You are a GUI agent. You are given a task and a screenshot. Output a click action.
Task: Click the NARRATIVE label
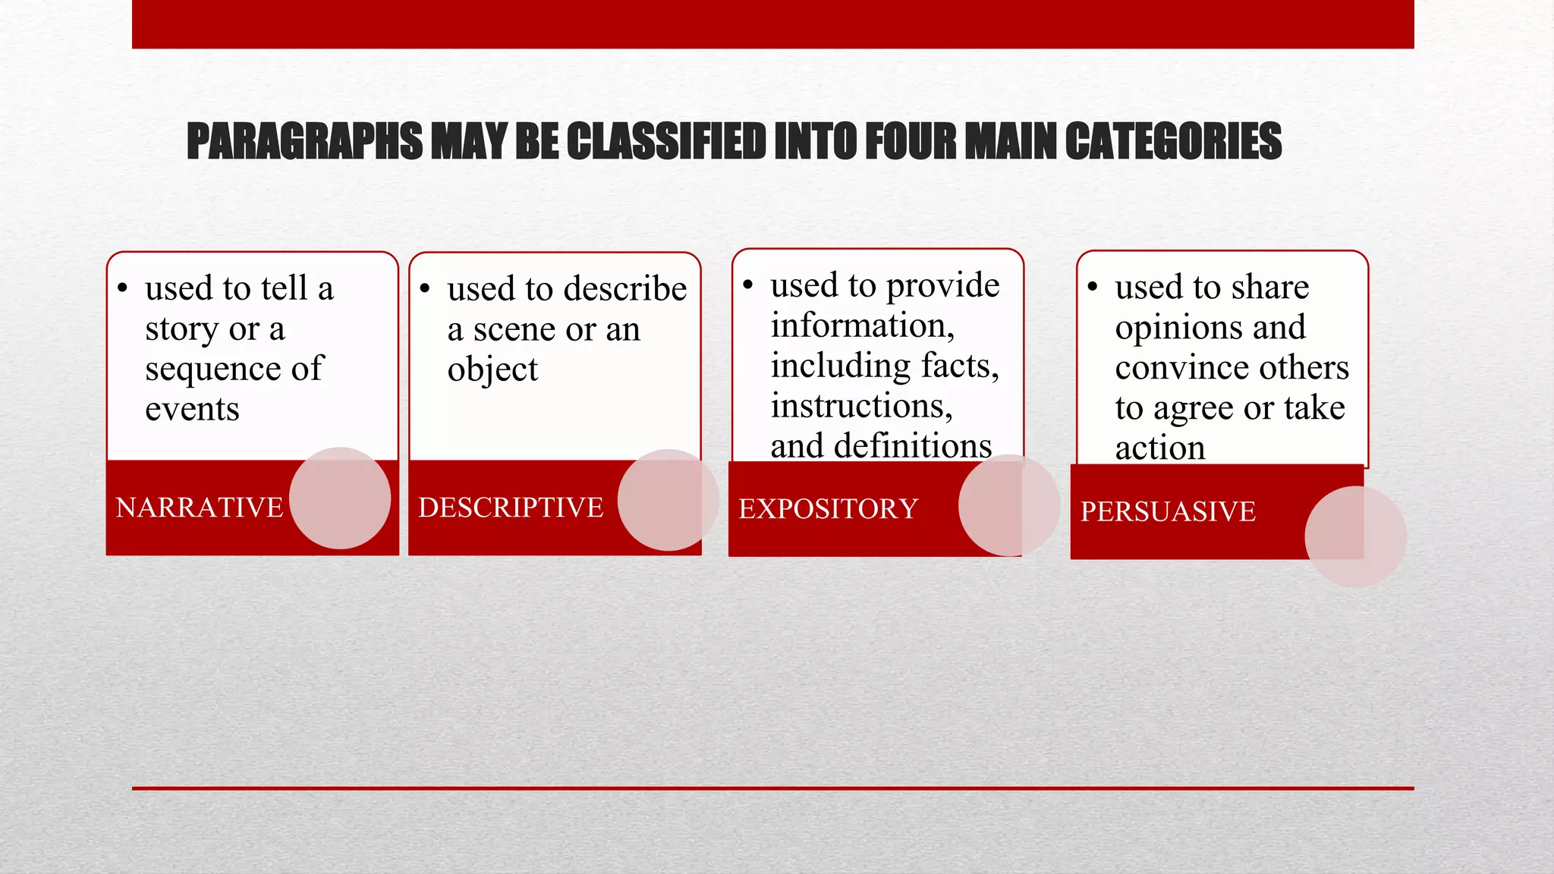[199, 508]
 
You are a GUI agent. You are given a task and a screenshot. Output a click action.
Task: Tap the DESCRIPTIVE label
[511, 508]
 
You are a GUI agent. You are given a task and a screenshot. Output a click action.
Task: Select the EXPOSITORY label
[828, 509]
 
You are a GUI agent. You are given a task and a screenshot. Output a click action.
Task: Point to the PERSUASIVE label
[1168, 512]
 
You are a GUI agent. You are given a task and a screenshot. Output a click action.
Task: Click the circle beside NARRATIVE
[340, 498]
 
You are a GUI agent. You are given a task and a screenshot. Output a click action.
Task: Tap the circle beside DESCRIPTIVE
[668, 500]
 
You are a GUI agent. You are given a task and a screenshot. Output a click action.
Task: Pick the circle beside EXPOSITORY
[1008, 505]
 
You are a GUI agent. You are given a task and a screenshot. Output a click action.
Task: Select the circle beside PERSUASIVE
[1355, 536]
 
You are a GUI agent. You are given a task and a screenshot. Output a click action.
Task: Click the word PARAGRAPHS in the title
[304, 142]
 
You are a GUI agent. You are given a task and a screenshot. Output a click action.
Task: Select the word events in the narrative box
[192, 410]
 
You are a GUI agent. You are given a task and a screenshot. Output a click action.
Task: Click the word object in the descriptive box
[492, 370]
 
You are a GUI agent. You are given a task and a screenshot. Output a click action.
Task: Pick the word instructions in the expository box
[861, 406]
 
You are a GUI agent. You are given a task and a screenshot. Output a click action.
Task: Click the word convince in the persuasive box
[1181, 368]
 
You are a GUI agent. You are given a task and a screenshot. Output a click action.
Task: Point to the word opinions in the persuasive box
[1178, 328]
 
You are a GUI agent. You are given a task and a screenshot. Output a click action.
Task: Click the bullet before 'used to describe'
[425, 288]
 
